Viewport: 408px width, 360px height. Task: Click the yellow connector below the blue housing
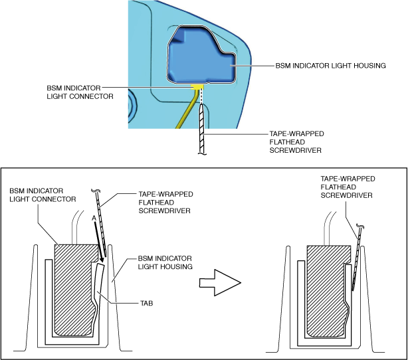(197, 86)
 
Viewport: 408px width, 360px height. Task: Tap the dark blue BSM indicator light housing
(201, 55)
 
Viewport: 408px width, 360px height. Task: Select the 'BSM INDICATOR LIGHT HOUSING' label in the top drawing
(330, 66)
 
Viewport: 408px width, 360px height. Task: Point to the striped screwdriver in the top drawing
(202, 129)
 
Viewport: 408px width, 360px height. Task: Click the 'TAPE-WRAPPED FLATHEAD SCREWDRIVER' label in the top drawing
(296, 142)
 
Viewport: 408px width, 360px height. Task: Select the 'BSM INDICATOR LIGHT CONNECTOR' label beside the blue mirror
(80, 92)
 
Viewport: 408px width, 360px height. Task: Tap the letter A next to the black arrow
(94, 219)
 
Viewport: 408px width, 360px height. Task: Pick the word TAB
(146, 304)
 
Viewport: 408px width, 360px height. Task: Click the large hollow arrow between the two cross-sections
(220, 282)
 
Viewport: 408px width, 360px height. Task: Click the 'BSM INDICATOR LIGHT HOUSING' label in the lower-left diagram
(165, 262)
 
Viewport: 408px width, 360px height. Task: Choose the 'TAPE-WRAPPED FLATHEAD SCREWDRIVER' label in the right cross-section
(348, 187)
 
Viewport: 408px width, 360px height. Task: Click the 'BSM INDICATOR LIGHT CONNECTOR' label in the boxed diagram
(43, 195)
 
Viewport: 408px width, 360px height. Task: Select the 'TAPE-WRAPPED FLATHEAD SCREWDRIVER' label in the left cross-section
(165, 203)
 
